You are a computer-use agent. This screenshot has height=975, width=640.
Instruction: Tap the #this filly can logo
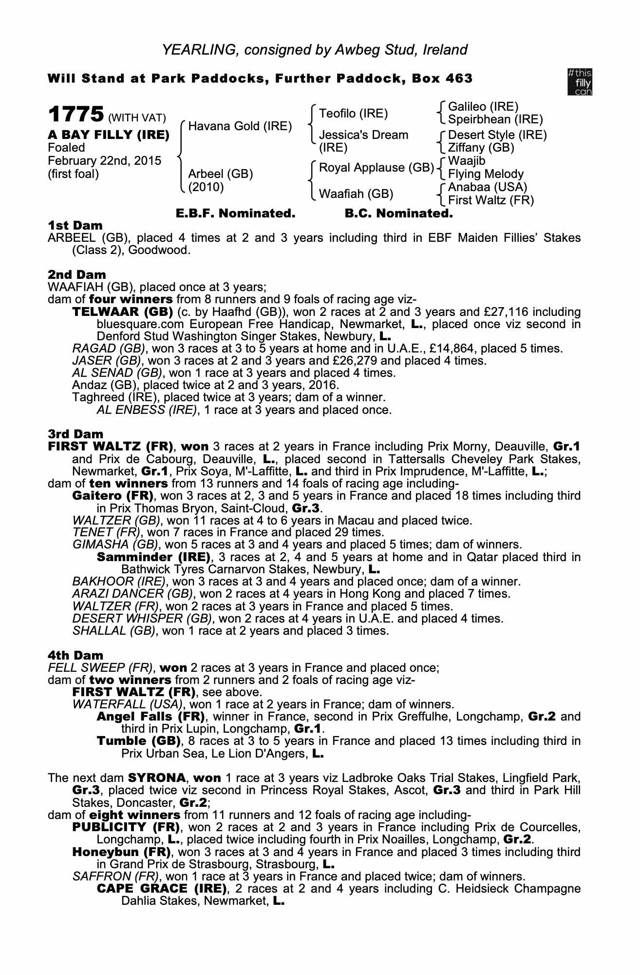coord(580,81)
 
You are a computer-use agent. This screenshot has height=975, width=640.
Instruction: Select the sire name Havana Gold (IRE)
coord(240,126)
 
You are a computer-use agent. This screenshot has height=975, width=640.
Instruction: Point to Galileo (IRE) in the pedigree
coord(483,107)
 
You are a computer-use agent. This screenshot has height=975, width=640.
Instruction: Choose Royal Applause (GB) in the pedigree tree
coord(376,168)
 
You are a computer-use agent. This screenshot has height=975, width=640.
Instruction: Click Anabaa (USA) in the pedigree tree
coord(488,187)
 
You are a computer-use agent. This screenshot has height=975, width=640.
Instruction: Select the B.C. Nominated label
coord(398,213)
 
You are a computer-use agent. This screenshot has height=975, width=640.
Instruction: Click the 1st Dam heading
coord(75,225)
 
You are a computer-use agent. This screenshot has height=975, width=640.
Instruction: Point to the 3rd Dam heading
coord(76,434)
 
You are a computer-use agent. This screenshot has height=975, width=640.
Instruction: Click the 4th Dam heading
coord(76,655)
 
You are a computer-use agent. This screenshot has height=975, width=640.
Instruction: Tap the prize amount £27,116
coord(555,312)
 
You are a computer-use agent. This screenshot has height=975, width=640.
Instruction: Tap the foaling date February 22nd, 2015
coord(105,161)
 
